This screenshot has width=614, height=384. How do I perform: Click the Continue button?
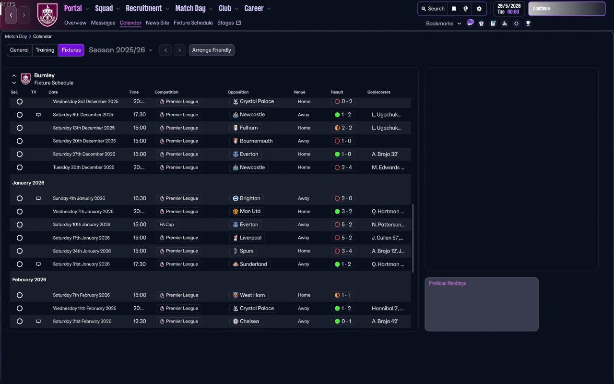click(566, 9)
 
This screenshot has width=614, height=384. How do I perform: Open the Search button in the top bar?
click(433, 9)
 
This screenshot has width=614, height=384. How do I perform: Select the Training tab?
click(45, 50)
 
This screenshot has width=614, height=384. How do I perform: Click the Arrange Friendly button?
click(212, 50)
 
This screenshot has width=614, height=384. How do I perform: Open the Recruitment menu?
click(147, 9)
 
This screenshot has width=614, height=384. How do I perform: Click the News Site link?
click(157, 23)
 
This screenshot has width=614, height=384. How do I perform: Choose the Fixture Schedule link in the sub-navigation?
click(193, 23)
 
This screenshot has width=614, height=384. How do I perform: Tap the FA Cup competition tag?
click(166, 225)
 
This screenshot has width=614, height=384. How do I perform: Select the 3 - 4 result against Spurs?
click(343, 251)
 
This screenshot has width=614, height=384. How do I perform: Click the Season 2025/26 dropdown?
click(121, 50)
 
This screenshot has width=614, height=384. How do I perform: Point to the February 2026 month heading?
click(30, 279)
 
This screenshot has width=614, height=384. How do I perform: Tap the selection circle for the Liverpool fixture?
click(20, 238)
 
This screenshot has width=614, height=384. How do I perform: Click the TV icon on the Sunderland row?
click(38, 264)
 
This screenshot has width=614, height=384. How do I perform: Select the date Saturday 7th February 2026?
click(81, 295)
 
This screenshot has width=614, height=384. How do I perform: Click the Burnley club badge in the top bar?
click(47, 15)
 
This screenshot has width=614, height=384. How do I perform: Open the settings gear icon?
click(479, 9)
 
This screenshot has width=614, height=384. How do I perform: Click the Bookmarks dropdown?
click(443, 24)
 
